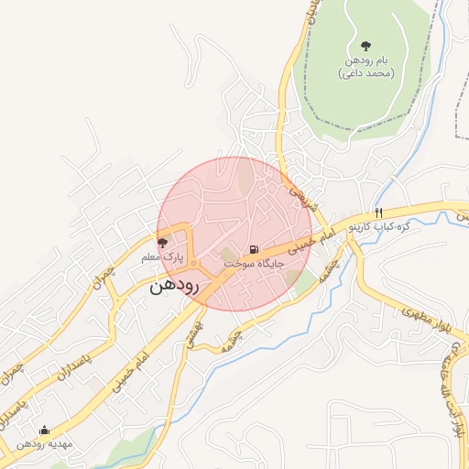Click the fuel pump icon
[252, 250]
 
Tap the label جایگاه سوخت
[255, 264]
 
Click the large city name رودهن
[173, 286]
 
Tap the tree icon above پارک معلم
[163, 243]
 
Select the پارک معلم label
[163, 257]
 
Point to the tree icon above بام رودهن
[365, 46]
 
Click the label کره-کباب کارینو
[407, 225]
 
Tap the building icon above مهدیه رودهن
[44, 430]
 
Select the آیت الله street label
[457, 398]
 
